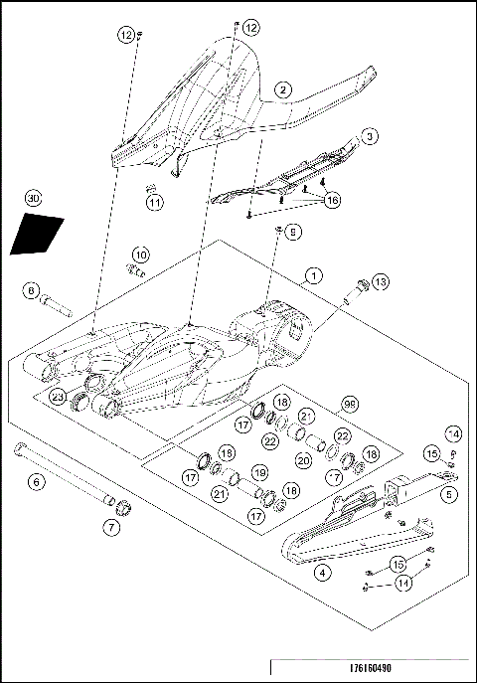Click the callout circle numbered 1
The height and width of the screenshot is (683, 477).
313,273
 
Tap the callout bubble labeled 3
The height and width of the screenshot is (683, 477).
369,135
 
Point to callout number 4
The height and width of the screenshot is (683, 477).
321,572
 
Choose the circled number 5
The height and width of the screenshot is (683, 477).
450,492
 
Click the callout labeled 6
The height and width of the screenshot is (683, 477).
37,482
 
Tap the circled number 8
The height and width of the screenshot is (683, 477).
32,291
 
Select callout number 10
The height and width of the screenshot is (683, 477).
141,254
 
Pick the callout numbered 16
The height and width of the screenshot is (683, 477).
331,200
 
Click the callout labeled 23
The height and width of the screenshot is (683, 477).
59,398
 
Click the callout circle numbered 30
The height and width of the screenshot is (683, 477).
34,199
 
